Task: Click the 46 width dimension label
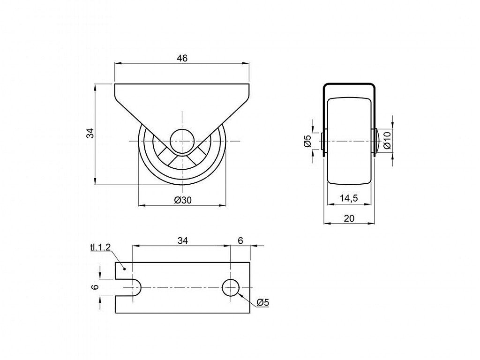(182, 58)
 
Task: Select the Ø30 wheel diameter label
(183, 200)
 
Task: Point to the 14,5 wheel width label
(349, 198)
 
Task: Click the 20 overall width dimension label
(349, 218)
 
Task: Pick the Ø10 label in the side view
(387, 140)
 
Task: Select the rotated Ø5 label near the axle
(307, 141)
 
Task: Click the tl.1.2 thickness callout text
(100, 247)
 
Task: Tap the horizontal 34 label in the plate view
(182, 241)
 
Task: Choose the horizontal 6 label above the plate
(240, 241)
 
